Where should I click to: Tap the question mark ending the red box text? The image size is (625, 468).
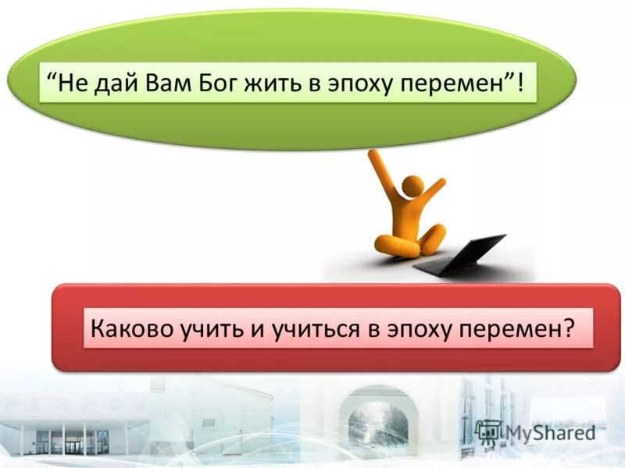point(568,328)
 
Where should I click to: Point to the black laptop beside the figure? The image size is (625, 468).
point(461,254)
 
